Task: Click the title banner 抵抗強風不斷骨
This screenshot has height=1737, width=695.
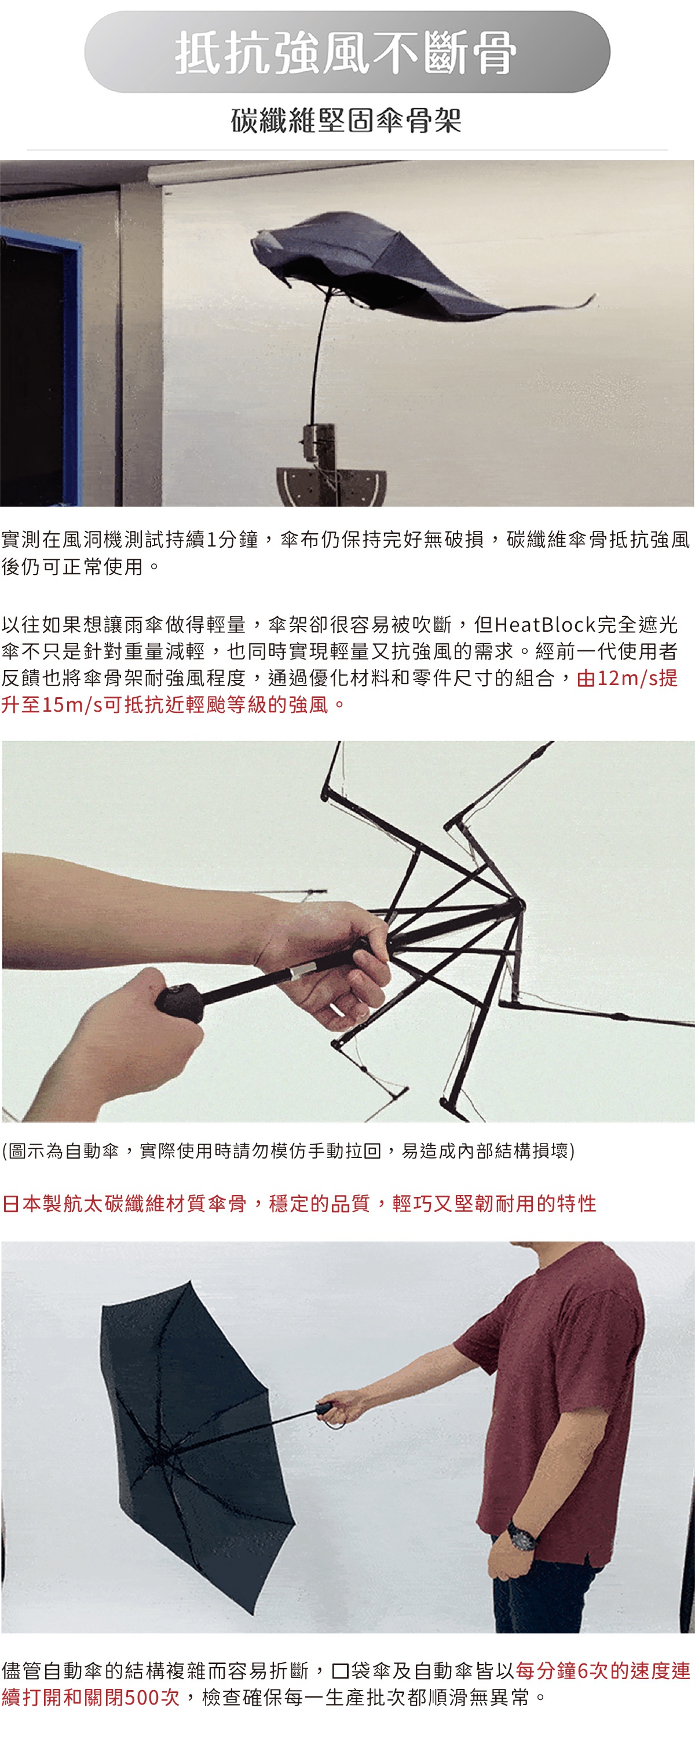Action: (347, 52)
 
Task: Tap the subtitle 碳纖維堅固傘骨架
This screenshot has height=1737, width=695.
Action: (346, 121)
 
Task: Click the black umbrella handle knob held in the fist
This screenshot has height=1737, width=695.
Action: (180, 1002)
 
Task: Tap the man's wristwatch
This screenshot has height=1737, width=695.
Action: (522, 1535)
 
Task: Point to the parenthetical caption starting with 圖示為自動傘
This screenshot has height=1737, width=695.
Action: (288, 1150)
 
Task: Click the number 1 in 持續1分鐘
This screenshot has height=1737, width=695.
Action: (211, 540)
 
